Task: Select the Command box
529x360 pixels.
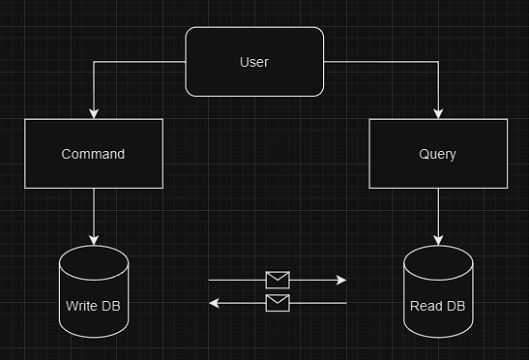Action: click(x=93, y=154)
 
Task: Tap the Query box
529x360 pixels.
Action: click(x=437, y=154)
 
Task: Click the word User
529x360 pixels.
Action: click(x=253, y=62)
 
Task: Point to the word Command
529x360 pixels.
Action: click(x=93, y=154)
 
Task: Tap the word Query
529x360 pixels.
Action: click(x=437, y=154)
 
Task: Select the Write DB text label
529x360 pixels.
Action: click(x=93, y=307)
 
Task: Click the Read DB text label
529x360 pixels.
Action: click(x=437, y=307)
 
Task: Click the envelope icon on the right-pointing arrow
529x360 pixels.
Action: click(x=278, y=281)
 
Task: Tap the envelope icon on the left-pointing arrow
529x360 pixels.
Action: click(x=278, y=303)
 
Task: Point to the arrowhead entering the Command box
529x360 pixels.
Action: click(x=93, y=114)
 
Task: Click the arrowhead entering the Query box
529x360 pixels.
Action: click(x=438, y=114)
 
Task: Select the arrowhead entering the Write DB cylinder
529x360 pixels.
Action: click(x=93, y=240)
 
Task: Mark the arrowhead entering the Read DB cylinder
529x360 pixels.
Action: click(x=438, y=240)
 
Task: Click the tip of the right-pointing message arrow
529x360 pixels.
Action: click(x=343, y=281)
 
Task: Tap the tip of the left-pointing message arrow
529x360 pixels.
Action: click(x=213, y=303)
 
